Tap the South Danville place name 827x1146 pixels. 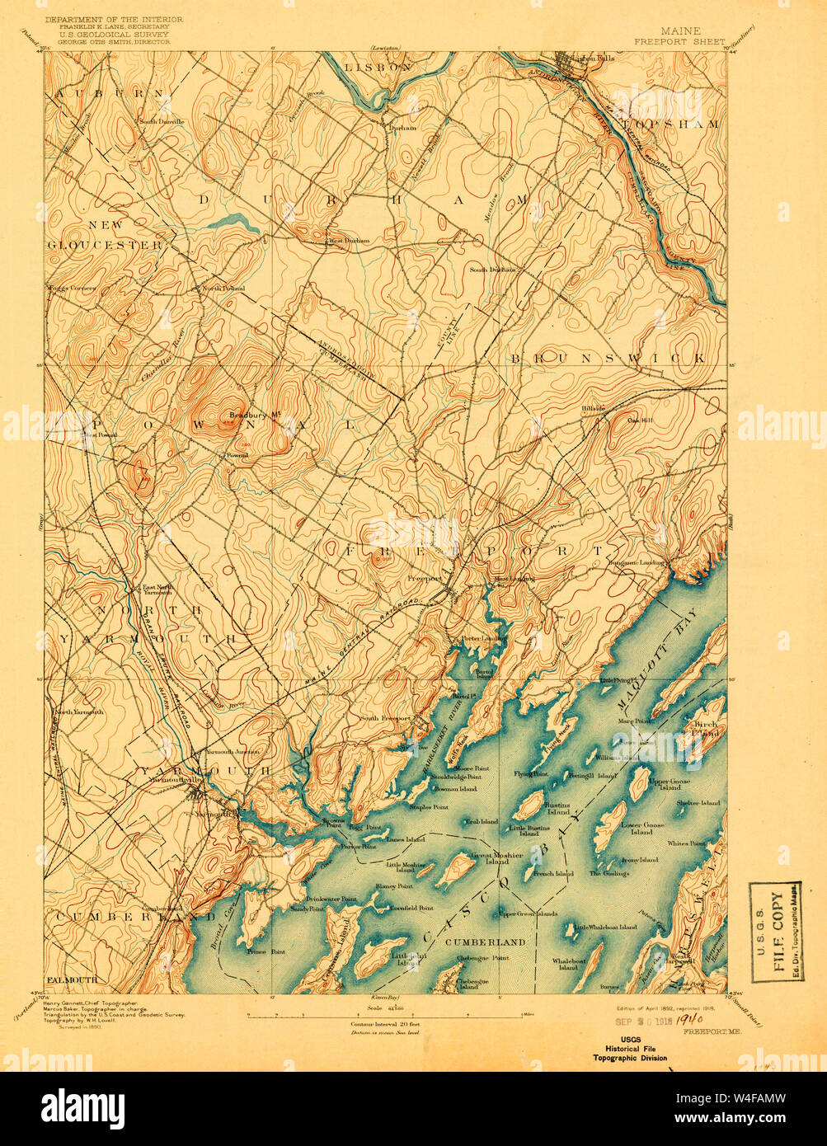[162, 122]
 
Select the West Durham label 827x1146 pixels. [349, 242]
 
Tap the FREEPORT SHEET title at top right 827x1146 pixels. [679, 41]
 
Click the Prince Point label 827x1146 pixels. [266, 951]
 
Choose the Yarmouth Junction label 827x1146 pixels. [232, 752]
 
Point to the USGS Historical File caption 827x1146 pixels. [632, 1053]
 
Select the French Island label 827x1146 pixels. [553, 873]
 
